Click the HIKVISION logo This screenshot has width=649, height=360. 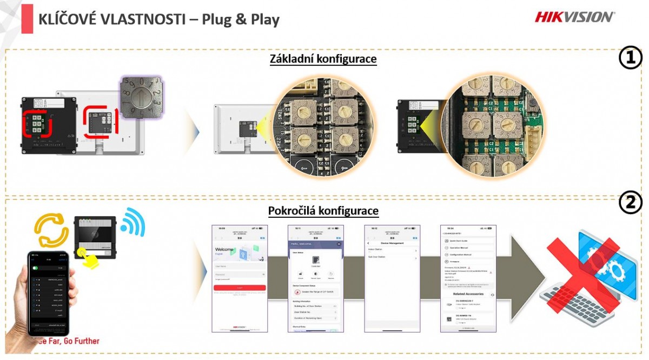tap(574, 17)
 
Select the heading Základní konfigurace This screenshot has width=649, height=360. tap(323, 59)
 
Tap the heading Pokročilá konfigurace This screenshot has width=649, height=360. tap(323, 210)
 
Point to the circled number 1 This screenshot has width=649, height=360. tap(630, 58)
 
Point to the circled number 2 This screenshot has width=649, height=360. tap(630, 204)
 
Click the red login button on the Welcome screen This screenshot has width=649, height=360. tap(240, 288)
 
